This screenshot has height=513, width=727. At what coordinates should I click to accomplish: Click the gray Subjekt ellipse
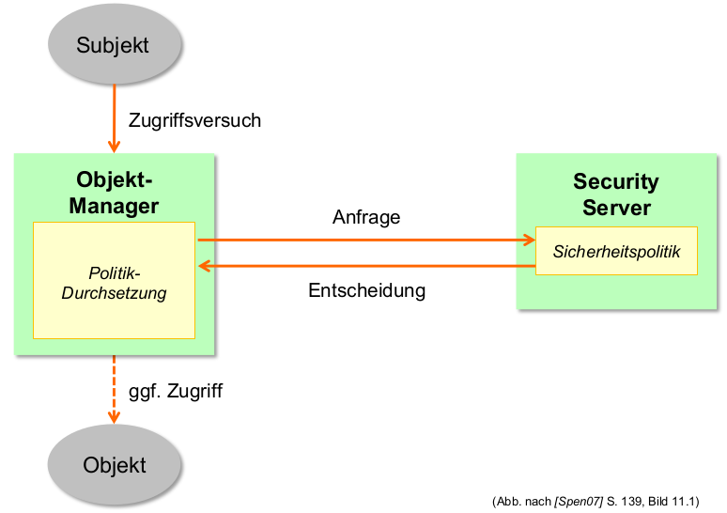114,45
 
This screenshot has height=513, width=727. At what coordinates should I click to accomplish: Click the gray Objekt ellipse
114,465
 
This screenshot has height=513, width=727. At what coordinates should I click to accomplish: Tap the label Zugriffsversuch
194,120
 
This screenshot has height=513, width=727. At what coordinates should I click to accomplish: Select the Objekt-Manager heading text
114,193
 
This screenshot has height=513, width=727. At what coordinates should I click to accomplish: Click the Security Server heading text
616,194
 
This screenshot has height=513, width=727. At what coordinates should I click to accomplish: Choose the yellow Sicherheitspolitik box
616,251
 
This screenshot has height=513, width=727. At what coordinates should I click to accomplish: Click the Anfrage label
366,217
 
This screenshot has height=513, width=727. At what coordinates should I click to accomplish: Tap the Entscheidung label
366,290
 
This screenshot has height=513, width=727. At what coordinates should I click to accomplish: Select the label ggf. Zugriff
175,391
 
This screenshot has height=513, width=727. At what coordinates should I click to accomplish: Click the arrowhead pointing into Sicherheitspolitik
527,241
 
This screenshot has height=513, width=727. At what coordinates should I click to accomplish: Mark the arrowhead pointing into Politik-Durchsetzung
204,267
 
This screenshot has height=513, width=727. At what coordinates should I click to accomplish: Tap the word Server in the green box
616,207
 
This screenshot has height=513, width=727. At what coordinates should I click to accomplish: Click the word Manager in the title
114,206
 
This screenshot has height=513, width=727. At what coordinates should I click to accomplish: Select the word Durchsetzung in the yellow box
114,293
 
